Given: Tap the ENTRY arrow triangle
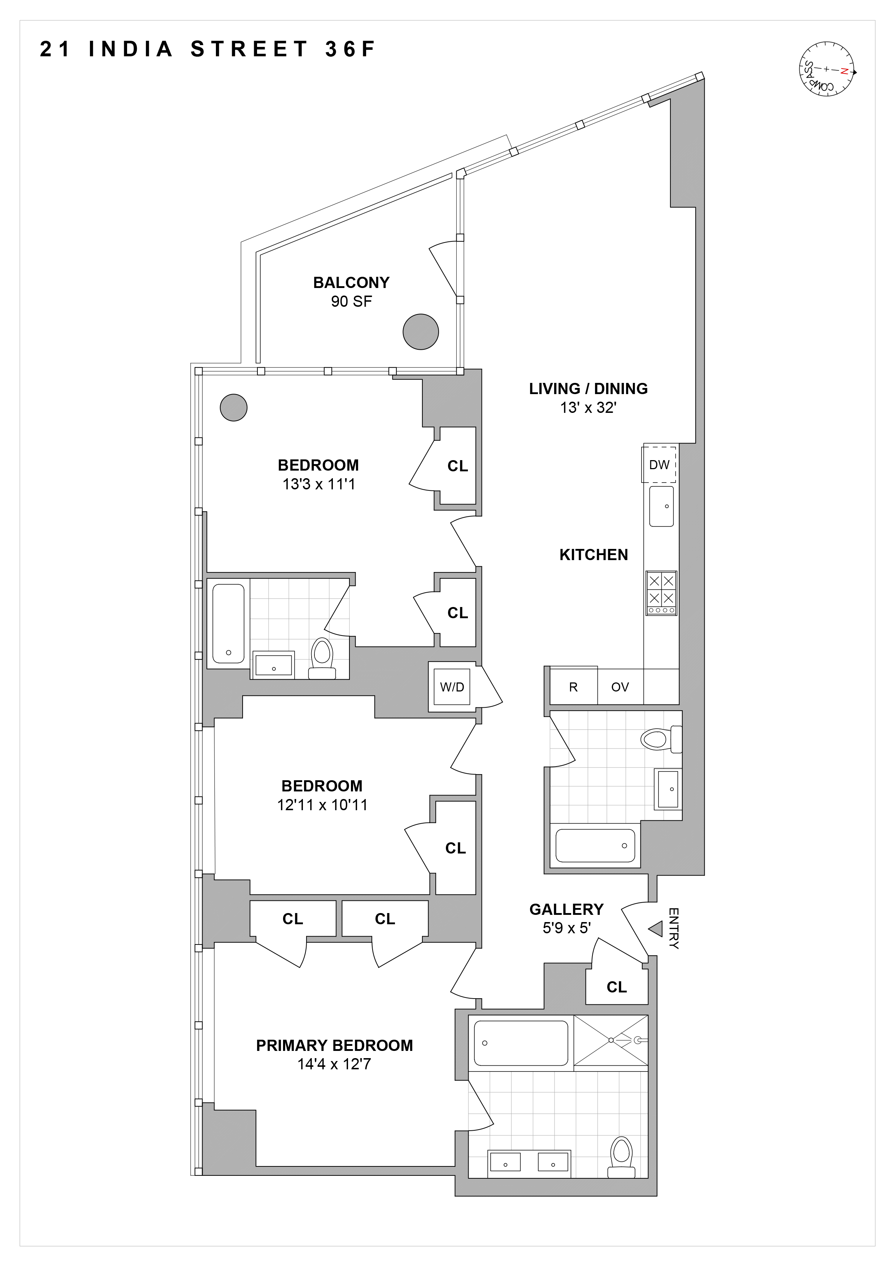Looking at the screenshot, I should pyautogui.click(x=655, y=929).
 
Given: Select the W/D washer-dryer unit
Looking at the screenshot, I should pyautogui.click(x=452, y=687).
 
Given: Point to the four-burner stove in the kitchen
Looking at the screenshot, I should pyautogui.click(x=661, y=593).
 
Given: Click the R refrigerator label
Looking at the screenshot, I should pyautogui.click(x=574, y=687).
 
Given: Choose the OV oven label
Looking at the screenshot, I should pyautogui.click(x=620, y=687).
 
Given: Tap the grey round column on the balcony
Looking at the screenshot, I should pyautogui.click(x=420, y=331).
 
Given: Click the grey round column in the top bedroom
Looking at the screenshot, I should pyautogui.click(x=233, y=407).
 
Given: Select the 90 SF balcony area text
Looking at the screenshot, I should pyautogui.click(x=351, y=302).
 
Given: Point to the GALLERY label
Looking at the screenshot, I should pyautogui.click(x=566, y=909).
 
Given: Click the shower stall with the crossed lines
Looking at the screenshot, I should pyautogui.click(x=611, y=1040).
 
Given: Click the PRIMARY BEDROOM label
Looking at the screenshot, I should pyautogui.click(x=334, y=1045).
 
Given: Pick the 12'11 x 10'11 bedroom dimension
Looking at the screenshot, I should pyautogui.click(x=322, y=805).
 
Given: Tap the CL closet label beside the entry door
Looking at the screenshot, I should pyautogui.click(x=617, y=987).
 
